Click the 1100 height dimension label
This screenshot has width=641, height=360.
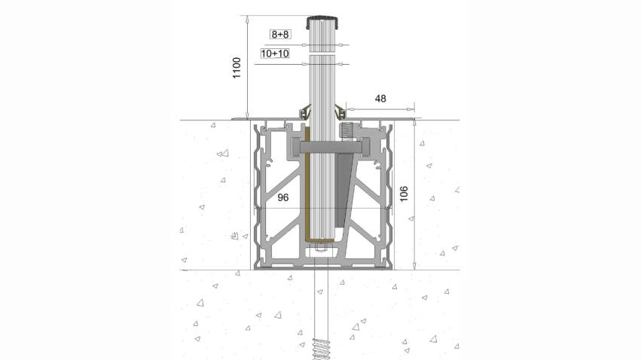tap(237, 68)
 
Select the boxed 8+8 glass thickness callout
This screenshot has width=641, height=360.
tap(280, 35)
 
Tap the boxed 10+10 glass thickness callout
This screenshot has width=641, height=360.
tap(275, 53)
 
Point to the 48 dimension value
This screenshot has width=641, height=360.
tap(380, 99)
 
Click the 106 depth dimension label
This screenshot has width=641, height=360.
tap(404, 194)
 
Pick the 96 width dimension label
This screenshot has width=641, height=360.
tap(283, 198)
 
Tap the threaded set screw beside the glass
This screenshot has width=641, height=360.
tap(346, 131)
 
